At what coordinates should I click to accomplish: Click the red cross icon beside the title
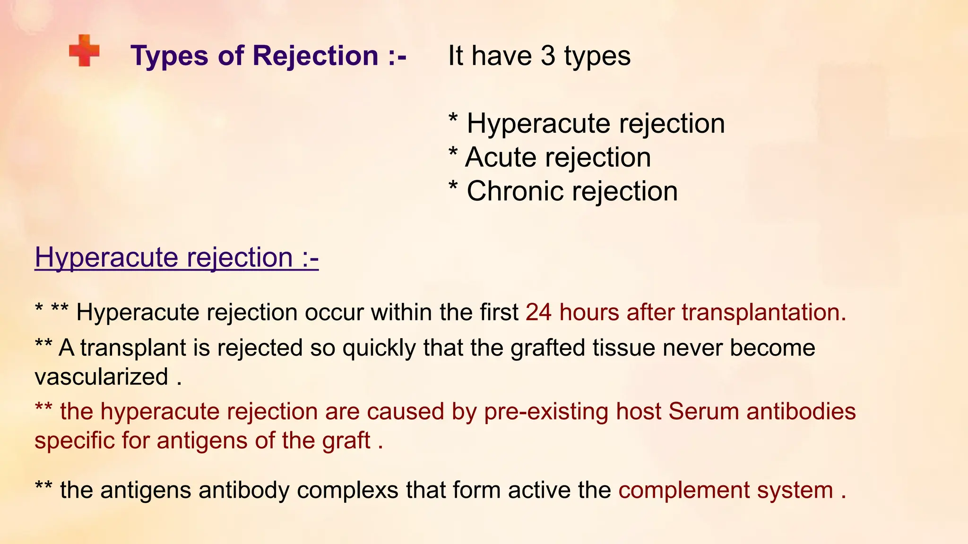tap(84, 51)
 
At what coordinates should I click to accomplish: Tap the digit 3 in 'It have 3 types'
tap(547, 56)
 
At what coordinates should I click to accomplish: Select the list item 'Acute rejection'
tap(558, 157)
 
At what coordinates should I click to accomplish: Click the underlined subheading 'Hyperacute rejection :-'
tap(176, 258)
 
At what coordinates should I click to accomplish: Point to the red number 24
tap(538, 313)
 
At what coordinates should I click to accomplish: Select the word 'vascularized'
tap(101, 377)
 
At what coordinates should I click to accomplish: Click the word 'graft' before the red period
tap(346, 441)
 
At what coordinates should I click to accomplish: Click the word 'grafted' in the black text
tap(548, 348)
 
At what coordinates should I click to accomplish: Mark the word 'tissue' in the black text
tap(624, 348)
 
